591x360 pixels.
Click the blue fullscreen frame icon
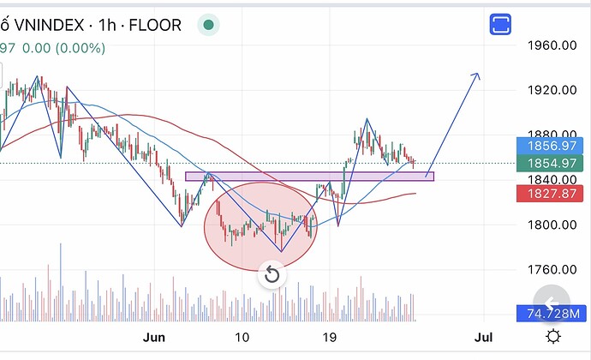500,24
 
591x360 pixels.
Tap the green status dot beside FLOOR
208,25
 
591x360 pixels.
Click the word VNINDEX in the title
49,25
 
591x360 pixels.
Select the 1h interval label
107,25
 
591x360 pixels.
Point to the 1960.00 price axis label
552,45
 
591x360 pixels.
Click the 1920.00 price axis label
552,90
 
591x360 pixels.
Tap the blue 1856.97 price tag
550,146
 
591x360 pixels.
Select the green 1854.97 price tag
550,163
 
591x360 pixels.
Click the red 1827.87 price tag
550,194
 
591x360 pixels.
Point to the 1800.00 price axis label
552,225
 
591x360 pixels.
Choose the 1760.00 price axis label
552,269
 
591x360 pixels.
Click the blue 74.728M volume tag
552,313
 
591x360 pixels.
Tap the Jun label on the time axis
154,337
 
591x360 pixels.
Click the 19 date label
330,337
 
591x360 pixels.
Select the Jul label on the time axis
483,337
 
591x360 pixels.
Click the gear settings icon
553,336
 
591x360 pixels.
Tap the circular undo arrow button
272,274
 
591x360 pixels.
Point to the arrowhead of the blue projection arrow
478,74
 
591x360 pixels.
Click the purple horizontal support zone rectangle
309,177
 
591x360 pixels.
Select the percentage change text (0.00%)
81,48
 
